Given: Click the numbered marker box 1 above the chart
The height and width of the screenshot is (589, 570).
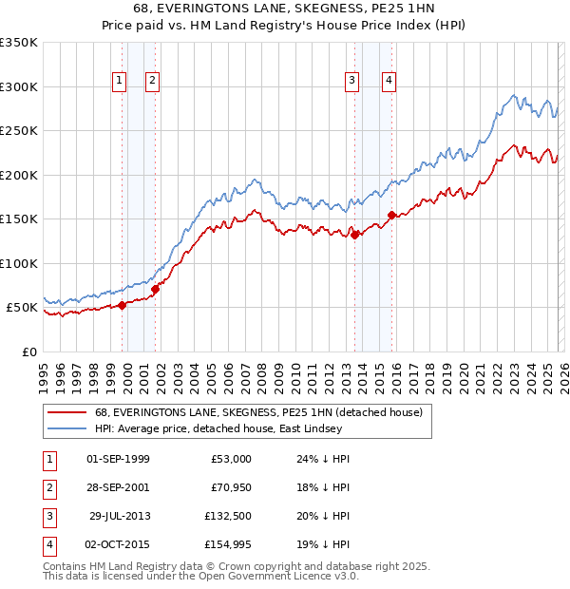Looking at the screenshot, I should click(120, 82).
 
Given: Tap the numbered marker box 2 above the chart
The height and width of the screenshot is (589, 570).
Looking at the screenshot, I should click(152, 82).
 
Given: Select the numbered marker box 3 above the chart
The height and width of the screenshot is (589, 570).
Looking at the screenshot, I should click(351, 82).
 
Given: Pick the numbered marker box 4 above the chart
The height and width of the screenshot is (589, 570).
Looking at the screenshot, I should click(389, 82).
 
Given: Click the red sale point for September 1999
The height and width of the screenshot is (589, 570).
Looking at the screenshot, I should click(122, 305).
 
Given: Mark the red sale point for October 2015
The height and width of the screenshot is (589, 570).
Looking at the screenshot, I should click(391, 216).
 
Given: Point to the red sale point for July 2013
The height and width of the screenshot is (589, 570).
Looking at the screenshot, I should click(354, 235).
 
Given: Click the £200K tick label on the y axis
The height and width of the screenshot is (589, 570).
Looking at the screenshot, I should click(19, 175).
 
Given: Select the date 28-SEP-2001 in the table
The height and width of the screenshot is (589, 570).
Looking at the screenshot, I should click(118, 487).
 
